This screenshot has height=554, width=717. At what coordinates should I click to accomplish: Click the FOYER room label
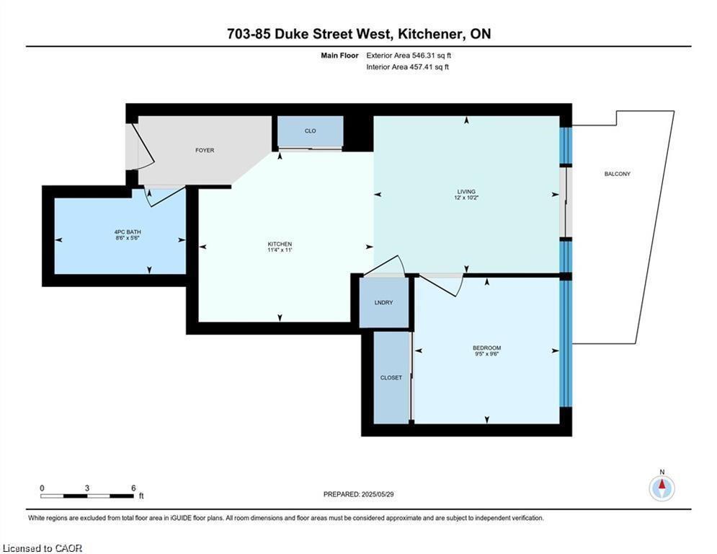(x=205, y=150)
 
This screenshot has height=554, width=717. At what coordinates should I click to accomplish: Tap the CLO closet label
(x=310, y=131)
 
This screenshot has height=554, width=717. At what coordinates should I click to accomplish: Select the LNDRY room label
(x=383, y=303)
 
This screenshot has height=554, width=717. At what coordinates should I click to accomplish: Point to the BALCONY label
(x=618, y=174)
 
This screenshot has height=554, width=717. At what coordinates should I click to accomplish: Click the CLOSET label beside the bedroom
(x=391, y=378)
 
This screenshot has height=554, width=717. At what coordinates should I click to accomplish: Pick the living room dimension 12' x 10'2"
(x=466, y=198)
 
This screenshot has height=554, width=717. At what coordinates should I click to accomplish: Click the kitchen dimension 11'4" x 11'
(x=280, y=250)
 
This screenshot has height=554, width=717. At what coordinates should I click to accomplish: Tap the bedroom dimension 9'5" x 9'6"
(x=486, y=354)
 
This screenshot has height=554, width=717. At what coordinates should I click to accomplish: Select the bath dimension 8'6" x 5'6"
(x=128, y=238)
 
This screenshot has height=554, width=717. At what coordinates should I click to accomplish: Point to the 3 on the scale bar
(x=87, y=488)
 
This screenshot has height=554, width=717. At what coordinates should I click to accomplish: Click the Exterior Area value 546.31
(x=424, y=56)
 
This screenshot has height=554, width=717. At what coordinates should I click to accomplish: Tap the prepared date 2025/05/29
(x=378, y=494)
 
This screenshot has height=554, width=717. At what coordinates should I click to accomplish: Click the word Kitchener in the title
(x=429, y=34)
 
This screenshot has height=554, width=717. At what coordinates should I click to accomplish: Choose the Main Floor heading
(x=339, y=56)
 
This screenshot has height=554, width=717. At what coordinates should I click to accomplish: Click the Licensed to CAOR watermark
(x=42, y=548)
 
